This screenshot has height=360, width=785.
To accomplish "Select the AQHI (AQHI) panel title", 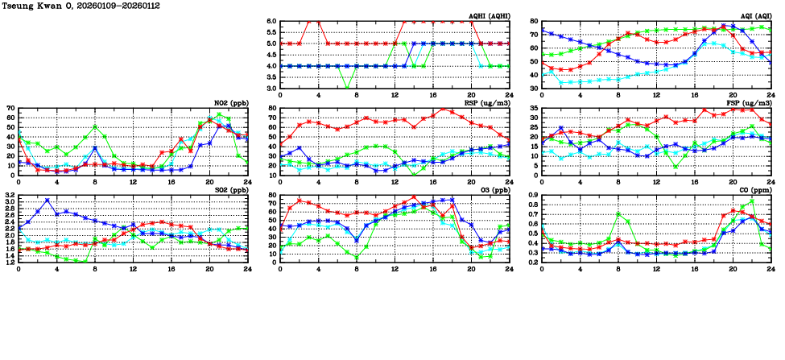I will (489, 16).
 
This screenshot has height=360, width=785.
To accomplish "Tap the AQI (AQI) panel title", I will (753, 16).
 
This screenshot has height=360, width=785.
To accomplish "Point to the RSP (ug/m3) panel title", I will (488, 103).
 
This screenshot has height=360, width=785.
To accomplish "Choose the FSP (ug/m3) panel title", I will (750, 103).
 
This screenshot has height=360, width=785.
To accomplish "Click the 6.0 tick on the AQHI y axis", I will (272, 22).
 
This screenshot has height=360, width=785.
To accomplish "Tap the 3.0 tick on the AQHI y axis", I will (272, 88).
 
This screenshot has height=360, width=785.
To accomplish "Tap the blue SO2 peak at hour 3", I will (48, 200).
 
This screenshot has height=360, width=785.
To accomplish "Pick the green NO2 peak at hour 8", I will (95, 126).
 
